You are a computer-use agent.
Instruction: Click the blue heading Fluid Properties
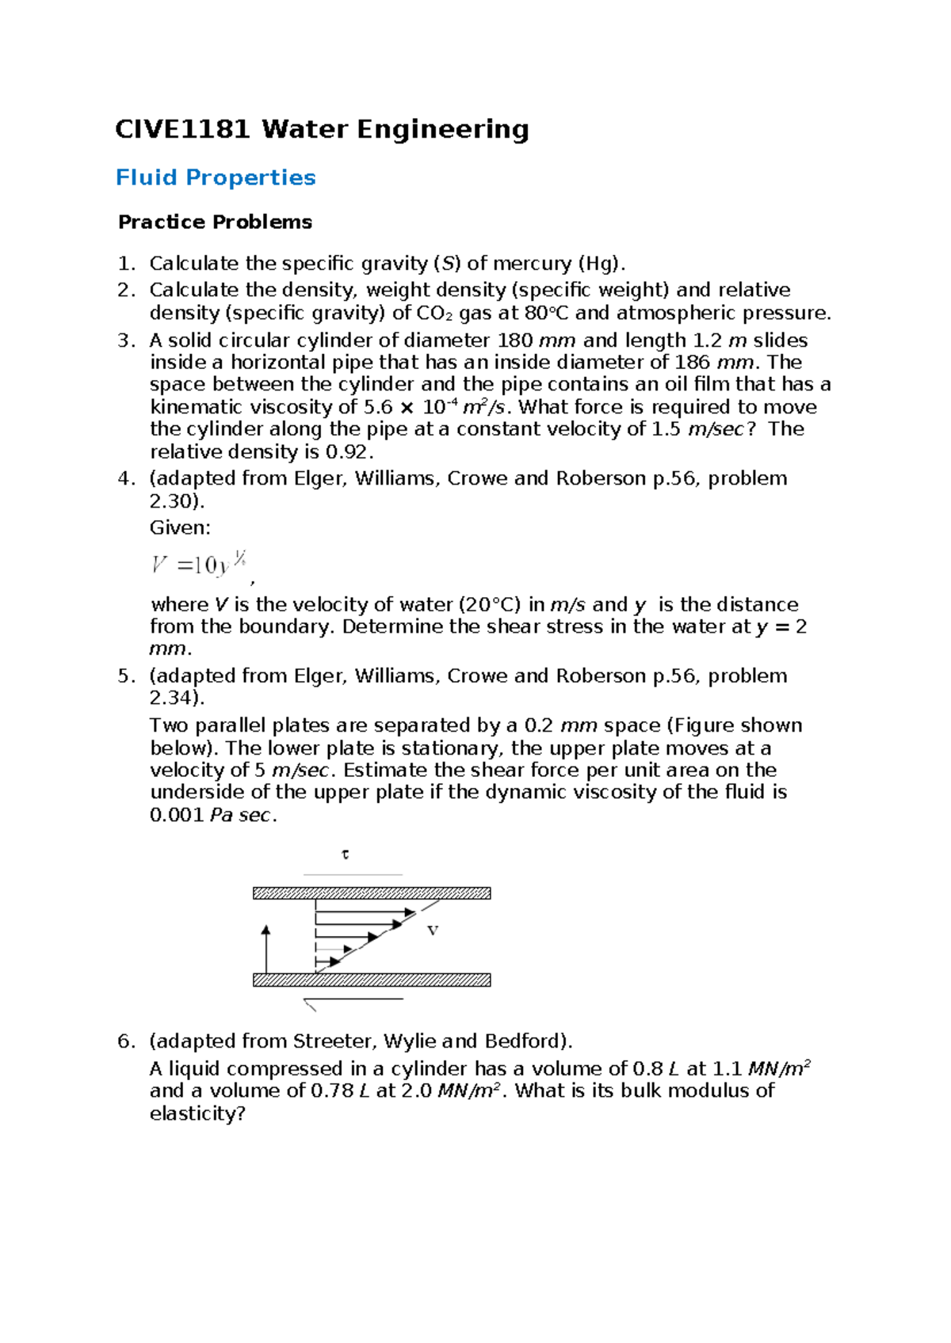(x=216, y=177)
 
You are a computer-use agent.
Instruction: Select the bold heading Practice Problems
(x=215, y=222)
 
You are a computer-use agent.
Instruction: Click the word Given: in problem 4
(x=180, y=527)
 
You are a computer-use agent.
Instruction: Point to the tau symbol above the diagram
(x=345, y=854)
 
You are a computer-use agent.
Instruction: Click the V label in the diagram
(x=433, y=930)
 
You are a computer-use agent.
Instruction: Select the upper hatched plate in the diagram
(x=371, y=893)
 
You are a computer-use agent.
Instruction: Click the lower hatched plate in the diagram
(x=371, y=980)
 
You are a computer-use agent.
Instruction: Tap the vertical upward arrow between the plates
(x=266, y=948)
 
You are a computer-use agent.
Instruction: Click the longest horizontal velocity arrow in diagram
(x=365, y=913)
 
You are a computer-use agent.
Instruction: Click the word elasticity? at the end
(x=197, y=1113)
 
